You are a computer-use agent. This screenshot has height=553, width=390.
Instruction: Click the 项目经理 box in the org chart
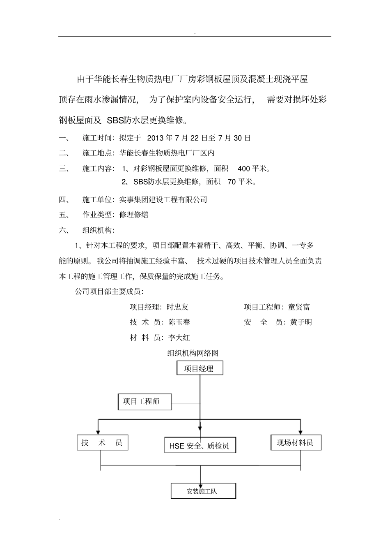coord(200,368)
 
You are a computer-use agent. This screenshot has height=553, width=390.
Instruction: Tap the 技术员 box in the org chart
coord(102,442)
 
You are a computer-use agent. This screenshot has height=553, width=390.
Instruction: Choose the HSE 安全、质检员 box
coord(200,445)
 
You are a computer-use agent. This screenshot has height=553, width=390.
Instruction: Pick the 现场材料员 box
coord(296,442)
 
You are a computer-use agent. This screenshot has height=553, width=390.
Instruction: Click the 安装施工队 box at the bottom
coord(203,491)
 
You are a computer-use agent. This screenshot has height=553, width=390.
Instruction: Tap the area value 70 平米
coord(241,182)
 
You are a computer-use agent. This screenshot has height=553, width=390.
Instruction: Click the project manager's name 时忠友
coord(178,307)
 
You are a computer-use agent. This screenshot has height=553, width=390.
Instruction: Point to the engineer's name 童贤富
coord(299,307)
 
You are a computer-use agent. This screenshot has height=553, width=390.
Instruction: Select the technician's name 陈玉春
coord(179,322)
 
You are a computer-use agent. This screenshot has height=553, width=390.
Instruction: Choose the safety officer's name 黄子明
coord(301,322)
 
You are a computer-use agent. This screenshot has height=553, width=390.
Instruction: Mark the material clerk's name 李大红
coord(179,338)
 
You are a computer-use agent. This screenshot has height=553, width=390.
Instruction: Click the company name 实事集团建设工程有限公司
coord(163,200)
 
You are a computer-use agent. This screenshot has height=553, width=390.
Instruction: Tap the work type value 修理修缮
coord(134,215)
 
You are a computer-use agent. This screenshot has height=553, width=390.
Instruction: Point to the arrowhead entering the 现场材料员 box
coord(301,432)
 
